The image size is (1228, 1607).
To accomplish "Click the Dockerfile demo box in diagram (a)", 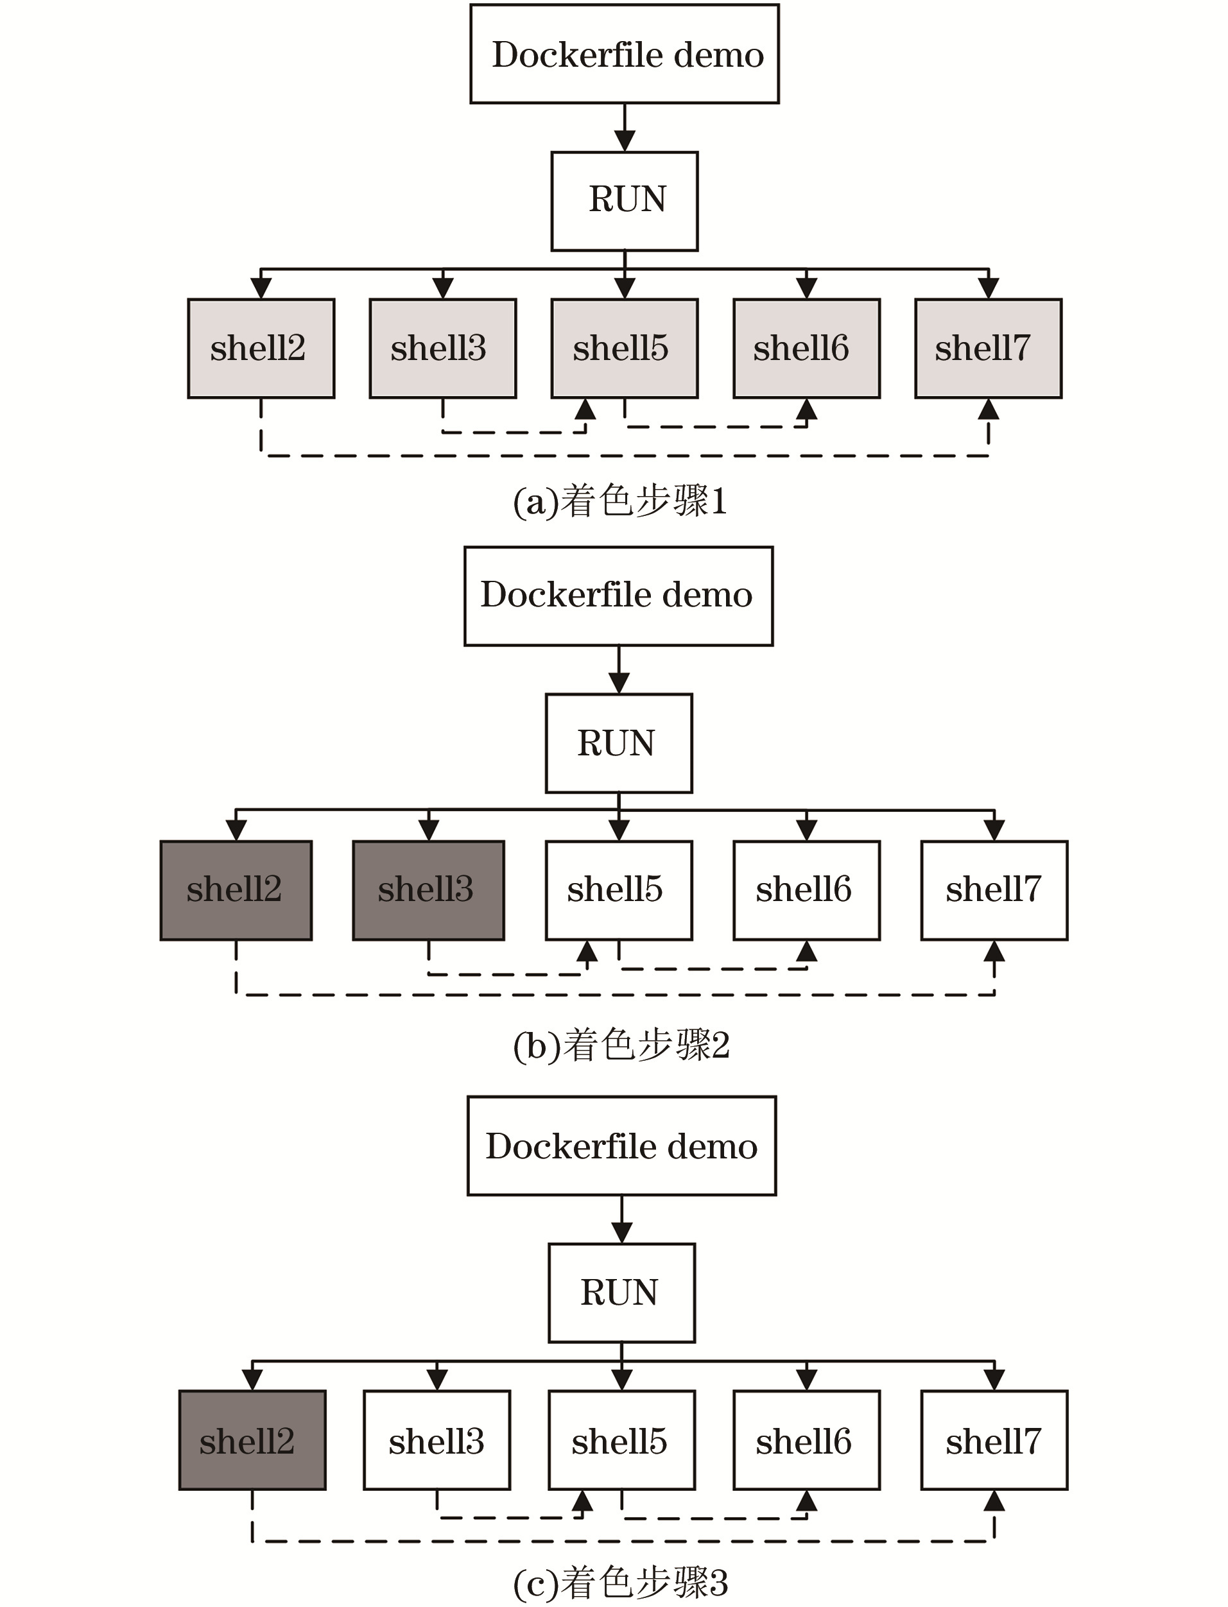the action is (x=624, y=54).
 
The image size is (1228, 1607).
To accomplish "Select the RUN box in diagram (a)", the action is (x=624, y=201).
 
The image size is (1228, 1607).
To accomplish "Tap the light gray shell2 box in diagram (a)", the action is (x=261, y=348).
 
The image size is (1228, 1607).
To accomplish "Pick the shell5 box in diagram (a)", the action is (x=624, y=348).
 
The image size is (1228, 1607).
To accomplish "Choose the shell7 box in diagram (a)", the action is (x=989, y=348).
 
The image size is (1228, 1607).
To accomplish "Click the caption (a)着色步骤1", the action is (x=620, y=502).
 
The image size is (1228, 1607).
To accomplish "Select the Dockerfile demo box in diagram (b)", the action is (x=618, y=596).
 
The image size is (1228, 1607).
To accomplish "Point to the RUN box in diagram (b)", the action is (x=618, y=743).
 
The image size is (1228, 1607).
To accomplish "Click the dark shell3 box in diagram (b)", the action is (x=428, y=890).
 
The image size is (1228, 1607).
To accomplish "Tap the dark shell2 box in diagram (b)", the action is (x=236, y=890).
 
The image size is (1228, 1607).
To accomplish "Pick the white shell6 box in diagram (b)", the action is (x=806, y=890).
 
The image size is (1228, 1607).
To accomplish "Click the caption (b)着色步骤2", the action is (x=621, y=1044).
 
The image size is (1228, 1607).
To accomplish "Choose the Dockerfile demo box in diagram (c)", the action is (x=621, y=1146).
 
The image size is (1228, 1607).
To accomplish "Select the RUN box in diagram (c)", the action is (x=621, y=1293).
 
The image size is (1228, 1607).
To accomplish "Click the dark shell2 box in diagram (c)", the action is (x=252, y=1439).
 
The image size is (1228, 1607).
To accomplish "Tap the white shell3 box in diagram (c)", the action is (x=437, y=1439).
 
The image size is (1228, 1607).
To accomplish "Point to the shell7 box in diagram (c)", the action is (x=994, y=1439).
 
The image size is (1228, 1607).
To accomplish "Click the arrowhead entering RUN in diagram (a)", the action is (x=624, y=141).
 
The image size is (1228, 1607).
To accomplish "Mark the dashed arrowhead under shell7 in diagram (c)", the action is (x=994, y=1501).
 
